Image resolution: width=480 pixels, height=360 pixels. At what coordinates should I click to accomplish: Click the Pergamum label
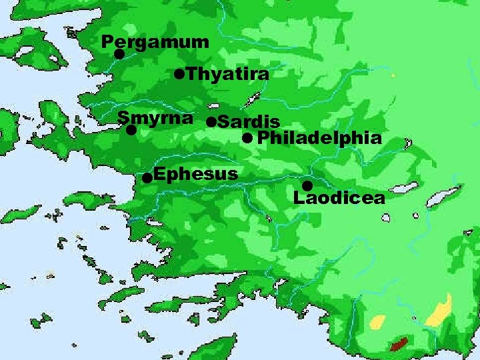(155, 43)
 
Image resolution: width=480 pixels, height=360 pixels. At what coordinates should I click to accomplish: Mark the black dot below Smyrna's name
(131, 131)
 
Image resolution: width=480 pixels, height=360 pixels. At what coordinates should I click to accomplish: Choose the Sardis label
(248, 122)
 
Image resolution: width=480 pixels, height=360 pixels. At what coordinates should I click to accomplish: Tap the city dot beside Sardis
(211, 122)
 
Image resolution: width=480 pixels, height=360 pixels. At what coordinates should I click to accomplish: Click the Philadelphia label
(319, 139)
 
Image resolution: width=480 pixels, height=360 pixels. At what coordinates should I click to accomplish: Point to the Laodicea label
(339, 197)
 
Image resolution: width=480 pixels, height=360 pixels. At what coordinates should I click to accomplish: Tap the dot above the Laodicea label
(307, 185)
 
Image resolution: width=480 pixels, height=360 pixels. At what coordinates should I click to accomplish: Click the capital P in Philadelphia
(262, 139)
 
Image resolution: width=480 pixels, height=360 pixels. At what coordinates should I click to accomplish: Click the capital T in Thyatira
(193, 74)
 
